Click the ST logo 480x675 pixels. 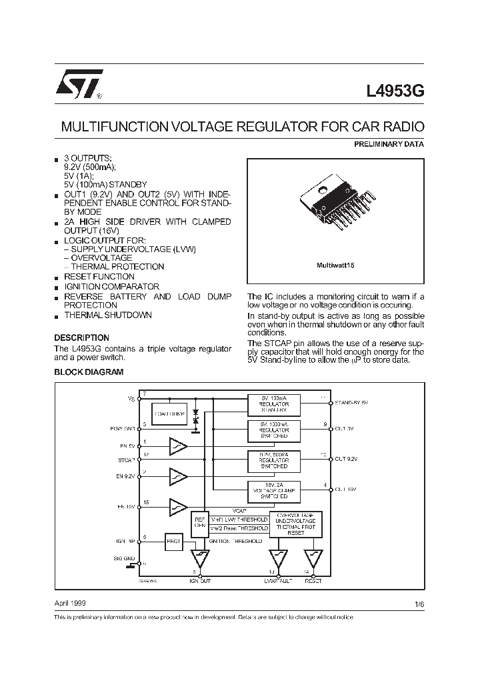coord(77,84)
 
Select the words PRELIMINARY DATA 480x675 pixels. coord(388,144)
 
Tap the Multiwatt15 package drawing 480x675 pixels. coord(335,204)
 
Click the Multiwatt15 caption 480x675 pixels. coord(335,265)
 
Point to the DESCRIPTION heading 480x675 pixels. coord(81,337)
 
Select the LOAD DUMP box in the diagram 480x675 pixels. coord(169,414)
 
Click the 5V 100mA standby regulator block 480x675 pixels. coord(274,404)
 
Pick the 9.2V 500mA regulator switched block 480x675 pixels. coord(274,460)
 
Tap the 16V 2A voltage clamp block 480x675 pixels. coord(274,491)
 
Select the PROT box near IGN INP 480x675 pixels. coord(174,542)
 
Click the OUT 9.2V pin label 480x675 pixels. coord(346,459)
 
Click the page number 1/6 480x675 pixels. coord(419,604)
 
